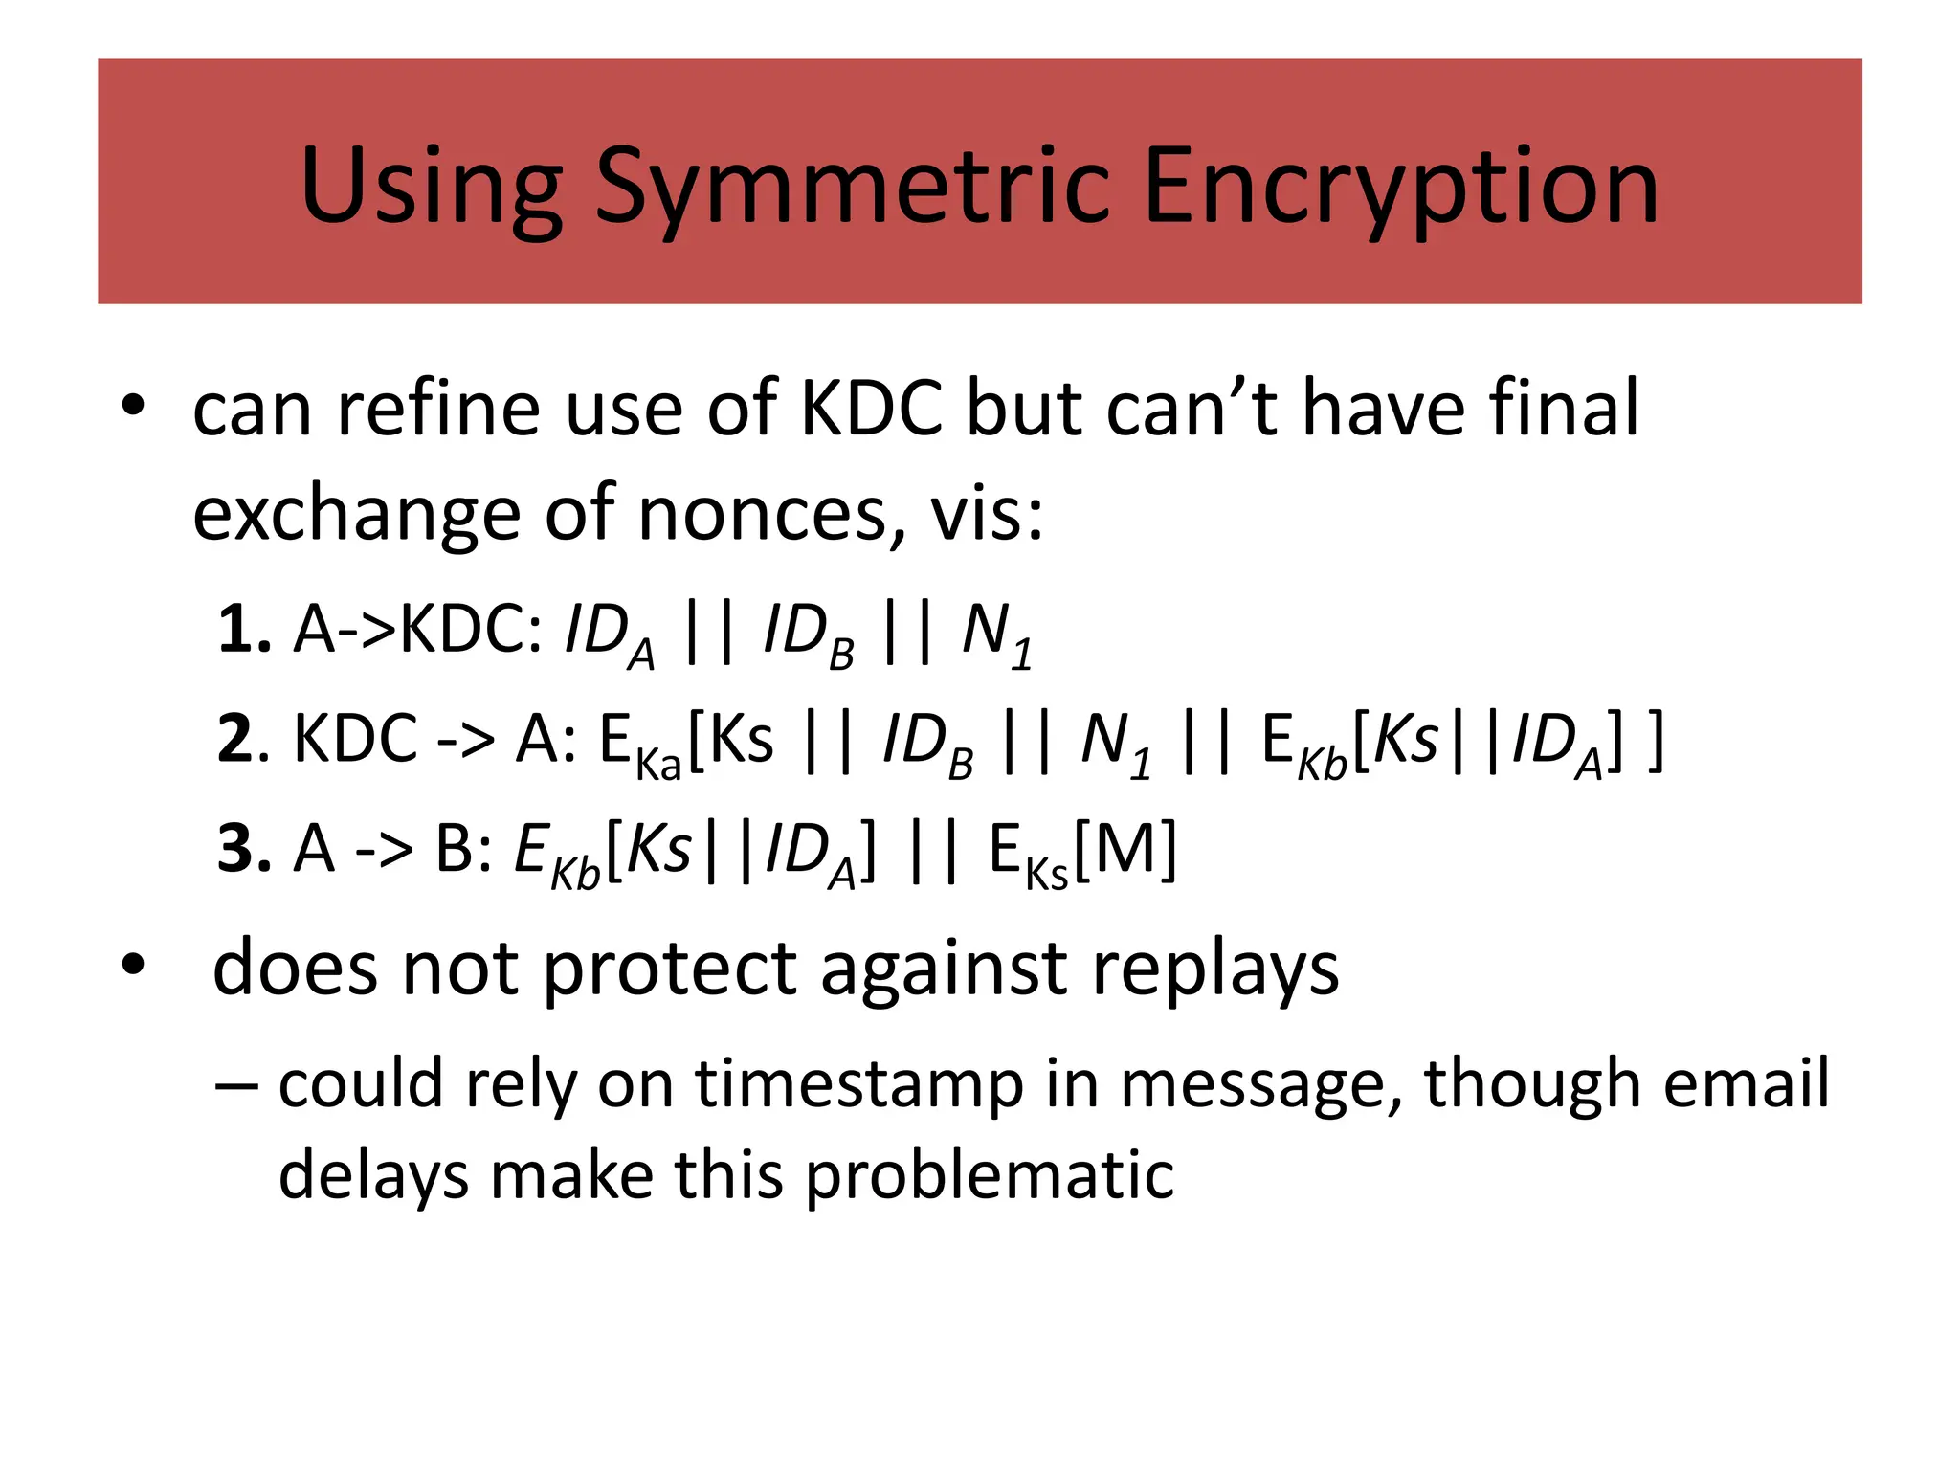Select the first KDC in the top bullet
tap(871, 409)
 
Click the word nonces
tap(771, 514)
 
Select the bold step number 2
tap(236, 740)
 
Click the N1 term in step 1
tap(996, 634)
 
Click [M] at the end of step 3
tap(1125, 849)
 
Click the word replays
tap(1215, 969)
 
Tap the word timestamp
tap(858, 1083)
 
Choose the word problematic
tap(989, 1174)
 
